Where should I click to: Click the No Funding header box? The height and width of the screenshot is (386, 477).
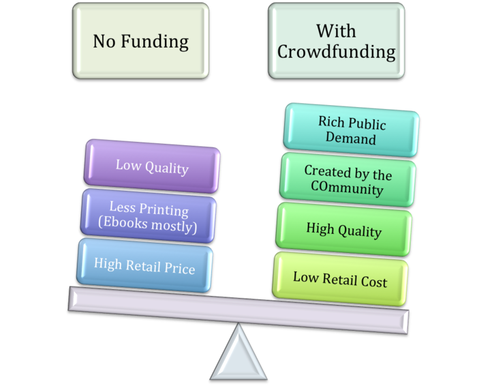tap(140, 40)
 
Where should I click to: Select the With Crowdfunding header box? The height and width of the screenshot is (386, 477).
tap(336, 40)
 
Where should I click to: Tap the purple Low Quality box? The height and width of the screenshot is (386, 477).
tap(151, 166)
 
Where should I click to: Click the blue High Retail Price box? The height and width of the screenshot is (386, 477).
tap(144, 267)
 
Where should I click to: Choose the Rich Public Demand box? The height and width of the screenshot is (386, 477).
tap(352, 130)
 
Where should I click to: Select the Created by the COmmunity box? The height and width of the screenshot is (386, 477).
tap(348, 180)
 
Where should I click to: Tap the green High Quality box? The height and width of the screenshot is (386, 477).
tap(343, 231)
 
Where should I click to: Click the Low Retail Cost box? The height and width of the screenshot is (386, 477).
tap(340, 278)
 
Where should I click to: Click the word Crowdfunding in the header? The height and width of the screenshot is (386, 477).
tap(336, 51)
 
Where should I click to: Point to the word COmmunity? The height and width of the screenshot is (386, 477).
tap(348, 189)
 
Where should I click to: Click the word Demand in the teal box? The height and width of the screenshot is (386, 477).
tap(352, 139)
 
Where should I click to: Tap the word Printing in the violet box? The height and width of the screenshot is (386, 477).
tap(164, 207)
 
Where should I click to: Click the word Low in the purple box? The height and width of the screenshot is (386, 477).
tap(127, 164)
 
